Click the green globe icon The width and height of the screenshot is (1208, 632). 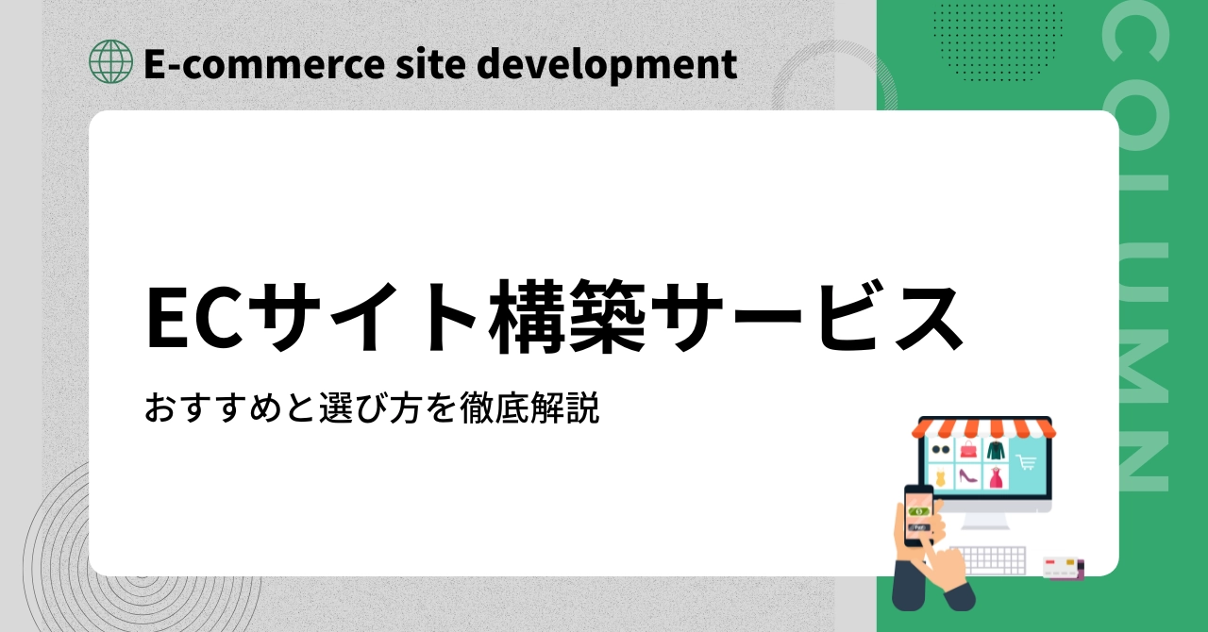(110, 61)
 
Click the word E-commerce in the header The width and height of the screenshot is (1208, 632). (264, 64)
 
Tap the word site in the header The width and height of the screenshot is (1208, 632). (430, 64)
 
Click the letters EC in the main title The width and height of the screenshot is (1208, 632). (194, 318)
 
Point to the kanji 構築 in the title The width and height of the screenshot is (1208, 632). (567, 317)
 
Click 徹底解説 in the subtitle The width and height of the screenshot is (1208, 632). (529, 408)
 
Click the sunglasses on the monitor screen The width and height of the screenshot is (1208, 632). (941, 450)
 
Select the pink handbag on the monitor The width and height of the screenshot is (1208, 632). (968, 449)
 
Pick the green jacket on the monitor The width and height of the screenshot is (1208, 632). (996, 449)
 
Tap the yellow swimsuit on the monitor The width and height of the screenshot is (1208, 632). (940, 477)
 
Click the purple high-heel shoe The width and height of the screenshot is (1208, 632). (967, 476)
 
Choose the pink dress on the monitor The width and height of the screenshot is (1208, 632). (996, 477)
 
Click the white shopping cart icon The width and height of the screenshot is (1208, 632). (1026, 462)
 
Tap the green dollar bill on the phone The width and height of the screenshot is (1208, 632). (919, 511)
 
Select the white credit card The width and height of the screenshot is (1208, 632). (1060, 567)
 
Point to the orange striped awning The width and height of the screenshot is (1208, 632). (983, 429)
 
